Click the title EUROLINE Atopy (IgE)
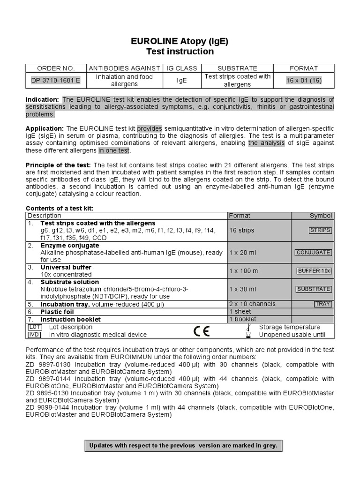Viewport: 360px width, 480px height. coord(180,41)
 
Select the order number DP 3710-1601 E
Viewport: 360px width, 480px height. coord(56,81)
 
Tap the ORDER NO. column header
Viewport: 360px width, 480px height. coord(56,68)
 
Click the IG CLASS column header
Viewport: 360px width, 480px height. coord(182,68)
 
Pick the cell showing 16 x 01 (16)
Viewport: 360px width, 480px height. coord(304,81)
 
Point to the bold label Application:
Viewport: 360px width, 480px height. coord(45,128)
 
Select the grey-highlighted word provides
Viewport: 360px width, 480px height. coord(150,128)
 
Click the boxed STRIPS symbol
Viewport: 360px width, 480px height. coord(320,230)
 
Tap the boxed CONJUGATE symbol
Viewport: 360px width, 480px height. coord(313,252)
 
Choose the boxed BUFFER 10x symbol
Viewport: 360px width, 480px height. coord(314,271)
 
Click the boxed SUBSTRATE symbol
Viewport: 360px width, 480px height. coord(314,289)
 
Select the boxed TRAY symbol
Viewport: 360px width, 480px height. coord(322,304)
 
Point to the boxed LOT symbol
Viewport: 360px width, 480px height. coord(34,327)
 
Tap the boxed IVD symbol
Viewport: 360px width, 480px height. coord(34,335)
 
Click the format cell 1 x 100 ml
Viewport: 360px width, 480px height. coord(244,271)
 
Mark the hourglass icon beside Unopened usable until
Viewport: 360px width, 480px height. coord(249,335)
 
